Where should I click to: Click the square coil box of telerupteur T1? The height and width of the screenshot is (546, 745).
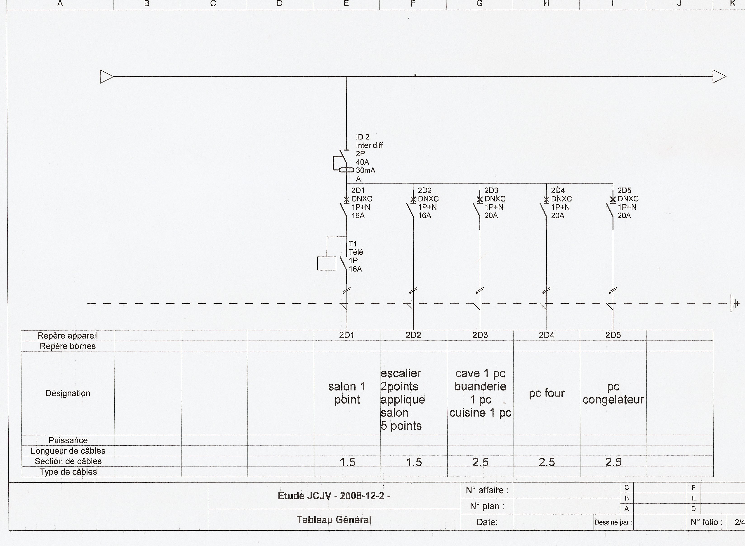327,264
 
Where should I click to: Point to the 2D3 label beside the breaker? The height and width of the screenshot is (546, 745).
491,190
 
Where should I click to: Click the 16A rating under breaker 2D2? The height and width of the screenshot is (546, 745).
425,216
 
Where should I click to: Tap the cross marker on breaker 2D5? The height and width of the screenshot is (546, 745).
613,200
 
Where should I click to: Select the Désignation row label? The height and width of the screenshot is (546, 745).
68,393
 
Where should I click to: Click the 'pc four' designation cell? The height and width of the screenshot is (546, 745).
547,393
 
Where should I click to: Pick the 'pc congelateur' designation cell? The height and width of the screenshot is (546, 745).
613,393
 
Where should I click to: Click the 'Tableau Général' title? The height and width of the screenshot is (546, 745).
334,520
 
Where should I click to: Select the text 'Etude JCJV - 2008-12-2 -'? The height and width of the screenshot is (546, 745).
334,496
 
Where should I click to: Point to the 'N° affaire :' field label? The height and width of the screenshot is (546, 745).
487,490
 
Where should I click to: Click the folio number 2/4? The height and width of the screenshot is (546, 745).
739,522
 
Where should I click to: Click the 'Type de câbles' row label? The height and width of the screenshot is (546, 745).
68,472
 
